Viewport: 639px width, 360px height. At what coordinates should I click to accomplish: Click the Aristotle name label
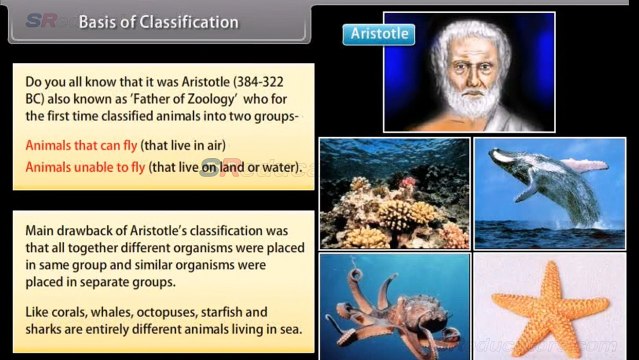click(x=377, y=34)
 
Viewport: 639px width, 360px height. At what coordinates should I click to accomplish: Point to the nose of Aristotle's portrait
click(x=462, y=77)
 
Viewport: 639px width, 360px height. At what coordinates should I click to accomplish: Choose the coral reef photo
click(x=394, y=192)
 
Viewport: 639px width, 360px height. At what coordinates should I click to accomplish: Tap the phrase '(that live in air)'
click(x=192, y=144)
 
